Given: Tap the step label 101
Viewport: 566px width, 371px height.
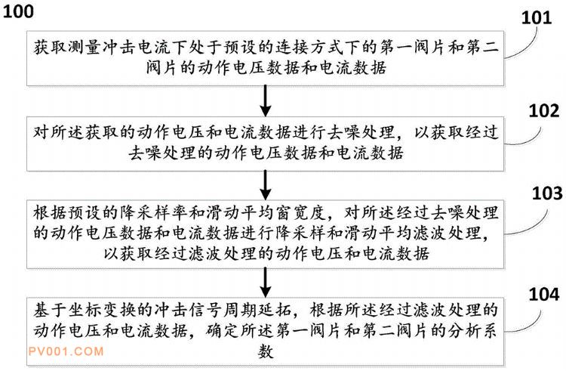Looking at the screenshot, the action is [x=537, y=17].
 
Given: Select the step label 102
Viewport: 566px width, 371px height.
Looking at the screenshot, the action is [x=544, y=110].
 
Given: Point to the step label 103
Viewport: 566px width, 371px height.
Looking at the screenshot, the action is [x=547, y=193].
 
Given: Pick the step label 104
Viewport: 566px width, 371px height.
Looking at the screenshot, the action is [x=544, y=294].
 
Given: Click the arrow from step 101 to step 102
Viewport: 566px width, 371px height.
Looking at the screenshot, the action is [x=266, y=100].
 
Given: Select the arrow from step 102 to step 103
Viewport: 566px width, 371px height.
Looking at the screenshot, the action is [x=266, y=185].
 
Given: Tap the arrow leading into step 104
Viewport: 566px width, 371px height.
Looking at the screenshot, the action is [x=266, y=283].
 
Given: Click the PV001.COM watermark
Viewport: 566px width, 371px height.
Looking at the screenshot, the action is [x=66, y=351].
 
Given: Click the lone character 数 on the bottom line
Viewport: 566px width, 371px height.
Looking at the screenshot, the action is [x=266, y=351].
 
